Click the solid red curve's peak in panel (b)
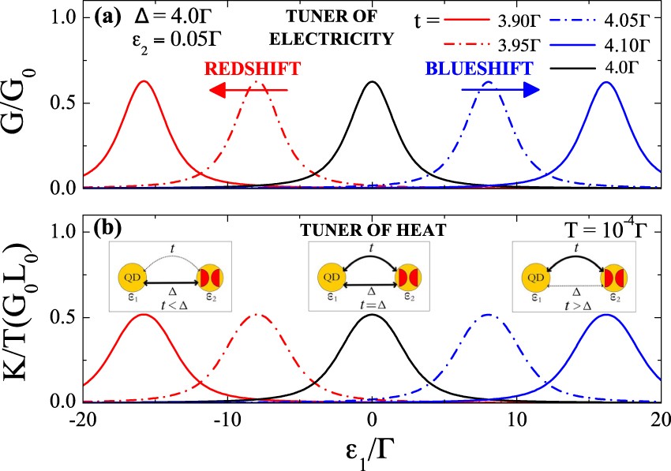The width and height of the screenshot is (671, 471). pyautogui.click(x=143, y=315)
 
